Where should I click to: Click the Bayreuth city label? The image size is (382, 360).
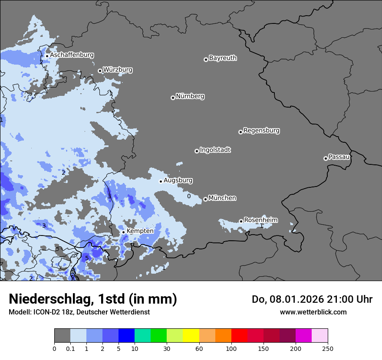[x=223, y=58]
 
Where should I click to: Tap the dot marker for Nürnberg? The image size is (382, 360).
[x=173, y=98]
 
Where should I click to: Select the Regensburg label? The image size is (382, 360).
[x=261, y=131]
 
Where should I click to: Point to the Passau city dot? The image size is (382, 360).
[x=326, y=158]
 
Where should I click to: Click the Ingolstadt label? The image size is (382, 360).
[x=215, y=150]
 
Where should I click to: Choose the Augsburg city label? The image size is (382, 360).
[x=178, y=180]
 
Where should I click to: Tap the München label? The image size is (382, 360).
[x=222, y=198]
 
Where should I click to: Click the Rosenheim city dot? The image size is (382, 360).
[x=241, y=221]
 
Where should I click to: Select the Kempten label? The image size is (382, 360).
[x=140, y=231]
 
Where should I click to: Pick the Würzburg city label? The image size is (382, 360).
[x=118, y=70]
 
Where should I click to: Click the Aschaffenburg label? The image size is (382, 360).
[x=72, y=55]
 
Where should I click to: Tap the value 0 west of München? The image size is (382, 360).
[x=189, y=196]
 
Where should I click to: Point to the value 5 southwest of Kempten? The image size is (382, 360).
[x=87, y=258]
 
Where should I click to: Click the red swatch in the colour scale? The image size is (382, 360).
[x=239, y=336]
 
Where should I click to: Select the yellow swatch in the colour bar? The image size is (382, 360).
[x=191, y=336]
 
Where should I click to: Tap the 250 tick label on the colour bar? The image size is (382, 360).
[x=328, y=348]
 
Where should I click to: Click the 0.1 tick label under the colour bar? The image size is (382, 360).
[x=70, y=348]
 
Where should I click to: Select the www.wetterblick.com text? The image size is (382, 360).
[x=313, y=312]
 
